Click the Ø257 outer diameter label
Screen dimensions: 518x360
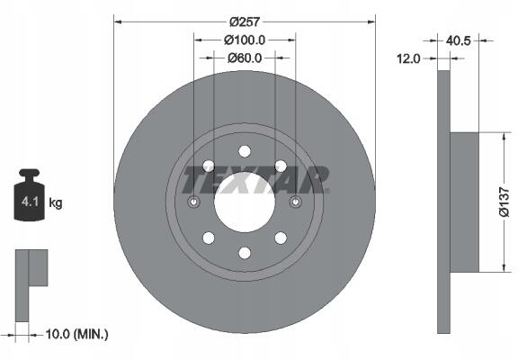(x=245, y=22)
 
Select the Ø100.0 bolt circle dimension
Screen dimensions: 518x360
(x=245, y=40)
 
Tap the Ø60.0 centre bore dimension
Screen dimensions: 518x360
(x=245, y=58)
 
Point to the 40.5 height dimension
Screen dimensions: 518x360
(x=458, y=40)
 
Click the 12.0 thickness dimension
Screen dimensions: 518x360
(x=408, y=58)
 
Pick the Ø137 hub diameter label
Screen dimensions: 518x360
(x=505, y=202)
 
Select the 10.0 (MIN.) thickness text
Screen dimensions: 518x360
(x=76, y=334)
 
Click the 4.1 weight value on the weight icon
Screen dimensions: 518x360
(x=30, y=202)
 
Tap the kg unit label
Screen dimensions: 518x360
(x=55, y=202)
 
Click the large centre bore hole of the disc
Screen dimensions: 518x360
(x=245, y=202)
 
